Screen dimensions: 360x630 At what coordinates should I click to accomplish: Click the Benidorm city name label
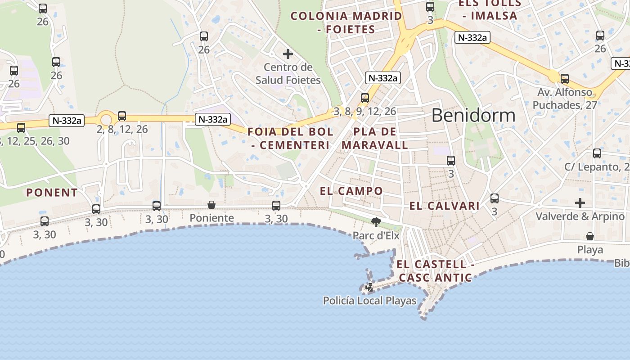[473, 116]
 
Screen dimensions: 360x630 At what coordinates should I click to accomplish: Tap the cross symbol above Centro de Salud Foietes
[288, 54]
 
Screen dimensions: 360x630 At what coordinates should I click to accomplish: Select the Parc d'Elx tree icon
[376, 222]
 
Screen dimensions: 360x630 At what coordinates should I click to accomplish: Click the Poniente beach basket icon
[211, 205]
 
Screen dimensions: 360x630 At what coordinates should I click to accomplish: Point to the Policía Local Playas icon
[369, 288]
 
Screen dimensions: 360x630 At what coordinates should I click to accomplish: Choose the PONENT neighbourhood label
[52, 193]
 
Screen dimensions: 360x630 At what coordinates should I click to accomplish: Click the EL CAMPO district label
[351, 191]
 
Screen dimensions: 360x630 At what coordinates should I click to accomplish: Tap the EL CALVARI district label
[444, 206]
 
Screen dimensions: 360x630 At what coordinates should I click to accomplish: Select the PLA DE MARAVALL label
[375, 139]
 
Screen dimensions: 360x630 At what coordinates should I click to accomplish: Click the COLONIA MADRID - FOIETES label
[346, 22]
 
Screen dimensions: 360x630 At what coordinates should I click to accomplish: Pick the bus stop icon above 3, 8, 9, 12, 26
[365, 98]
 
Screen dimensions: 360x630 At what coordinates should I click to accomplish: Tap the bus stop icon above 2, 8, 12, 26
[122, 116]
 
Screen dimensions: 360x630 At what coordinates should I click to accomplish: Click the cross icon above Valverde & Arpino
[580, 203]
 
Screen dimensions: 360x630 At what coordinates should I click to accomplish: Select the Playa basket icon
[589, 236]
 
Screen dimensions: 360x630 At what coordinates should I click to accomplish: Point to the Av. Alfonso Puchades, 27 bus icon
[565, 79]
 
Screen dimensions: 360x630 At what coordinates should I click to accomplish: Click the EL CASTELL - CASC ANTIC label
[436, 271]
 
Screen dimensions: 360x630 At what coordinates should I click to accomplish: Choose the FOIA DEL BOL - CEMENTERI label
[291, 139]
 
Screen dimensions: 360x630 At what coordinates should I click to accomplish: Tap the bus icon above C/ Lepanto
[597, 153]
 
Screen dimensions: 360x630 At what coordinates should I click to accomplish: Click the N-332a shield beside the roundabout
[67, 121]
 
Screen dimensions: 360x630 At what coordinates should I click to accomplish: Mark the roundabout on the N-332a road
[106, 120]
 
